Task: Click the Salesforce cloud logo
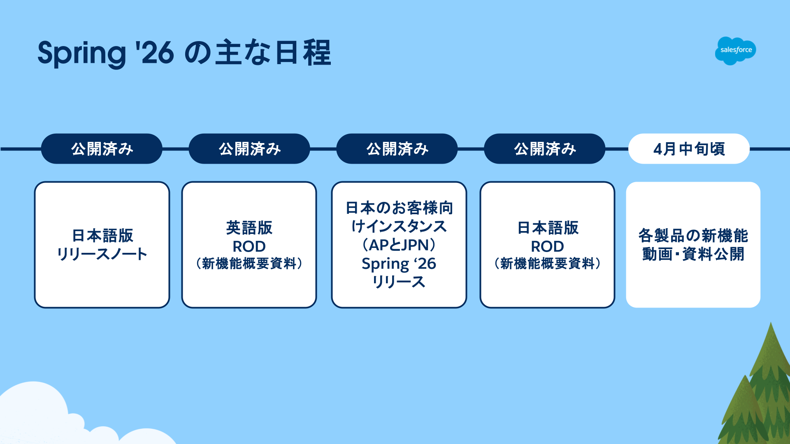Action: (735, 51)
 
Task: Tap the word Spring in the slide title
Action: (81, 53)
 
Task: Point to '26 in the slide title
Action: (155, 53)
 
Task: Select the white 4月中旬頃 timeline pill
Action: (689, 149)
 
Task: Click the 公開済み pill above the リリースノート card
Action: (102, 149)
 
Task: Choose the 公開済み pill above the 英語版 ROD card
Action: (249, 149)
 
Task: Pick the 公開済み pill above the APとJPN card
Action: (397, 149)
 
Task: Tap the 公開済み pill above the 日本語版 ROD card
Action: (544, 149)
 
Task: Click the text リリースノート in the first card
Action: (102, 254)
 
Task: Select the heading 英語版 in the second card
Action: (249, 228)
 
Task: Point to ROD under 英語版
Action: (249, 246)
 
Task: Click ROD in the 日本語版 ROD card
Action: (547, 246)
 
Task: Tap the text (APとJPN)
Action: (399, 245)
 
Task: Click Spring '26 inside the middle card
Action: (399, 264)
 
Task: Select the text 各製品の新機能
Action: (693, 236)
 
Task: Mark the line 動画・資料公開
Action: (693, 254)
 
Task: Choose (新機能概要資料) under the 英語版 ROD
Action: (249, 264)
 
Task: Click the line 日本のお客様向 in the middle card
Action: (399, 208)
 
